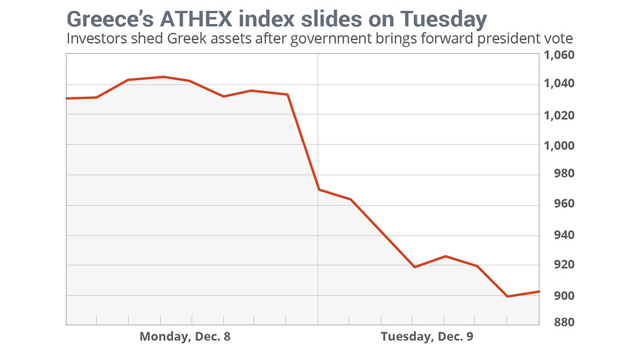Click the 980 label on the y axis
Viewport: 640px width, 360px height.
tap(558, 175)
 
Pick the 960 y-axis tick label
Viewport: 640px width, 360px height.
tap(558, 204)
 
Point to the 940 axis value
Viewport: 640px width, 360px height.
tap(558, 235)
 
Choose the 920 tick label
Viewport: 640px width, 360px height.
tap(558, 265)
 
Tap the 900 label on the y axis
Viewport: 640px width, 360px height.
tap(558, 295)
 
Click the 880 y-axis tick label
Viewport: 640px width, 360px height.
tap(558, 322)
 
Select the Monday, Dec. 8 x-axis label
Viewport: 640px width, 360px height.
tap(188, 337)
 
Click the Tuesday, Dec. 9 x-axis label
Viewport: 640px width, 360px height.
tap(431, 337)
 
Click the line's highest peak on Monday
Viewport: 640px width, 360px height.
tap(163, 76)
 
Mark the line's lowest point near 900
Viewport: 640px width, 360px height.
tap(507, 296)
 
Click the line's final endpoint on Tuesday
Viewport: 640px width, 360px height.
tap(538, 292)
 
